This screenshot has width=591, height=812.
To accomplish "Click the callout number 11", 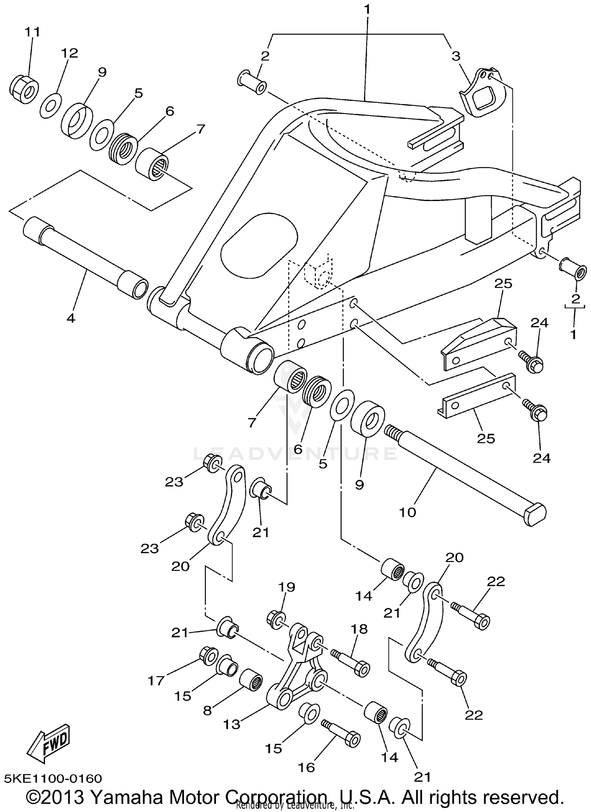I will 33,32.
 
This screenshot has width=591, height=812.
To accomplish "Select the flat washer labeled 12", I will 50,106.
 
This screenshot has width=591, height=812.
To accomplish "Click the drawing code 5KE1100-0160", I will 53,779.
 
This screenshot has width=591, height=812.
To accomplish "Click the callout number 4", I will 71,318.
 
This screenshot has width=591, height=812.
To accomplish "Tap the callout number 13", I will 231,724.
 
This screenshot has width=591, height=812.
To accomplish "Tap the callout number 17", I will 156,680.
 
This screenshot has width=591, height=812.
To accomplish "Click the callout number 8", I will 207,711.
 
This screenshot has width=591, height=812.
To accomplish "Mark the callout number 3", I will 455,56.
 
